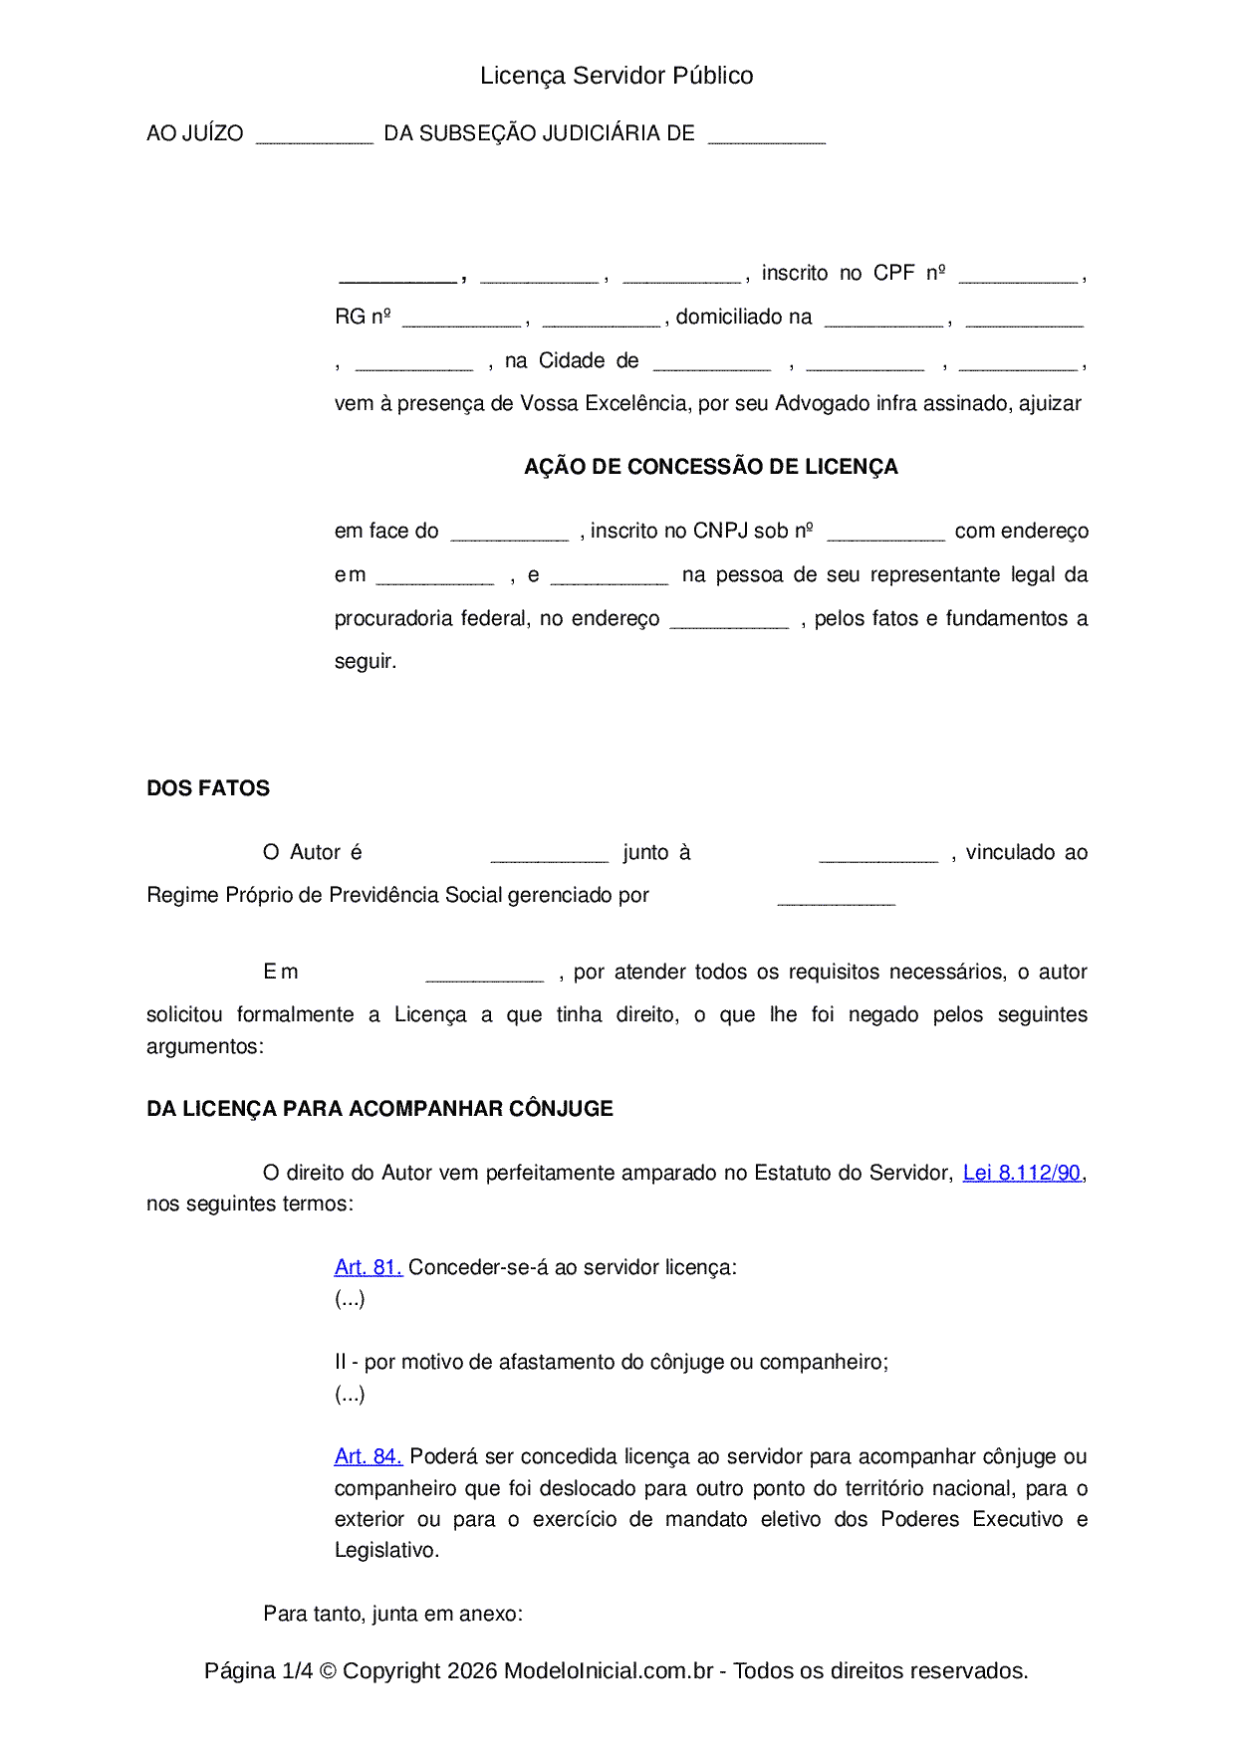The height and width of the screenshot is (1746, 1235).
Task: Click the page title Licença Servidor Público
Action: pos(617,76)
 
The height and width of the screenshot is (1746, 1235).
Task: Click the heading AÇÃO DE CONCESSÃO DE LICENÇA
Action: pos(711,467)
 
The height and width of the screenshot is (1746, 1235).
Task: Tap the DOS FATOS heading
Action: pos(208,788)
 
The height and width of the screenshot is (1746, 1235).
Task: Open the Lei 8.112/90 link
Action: pos(1022,1173)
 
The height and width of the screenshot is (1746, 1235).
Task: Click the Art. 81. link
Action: pos(368,1267)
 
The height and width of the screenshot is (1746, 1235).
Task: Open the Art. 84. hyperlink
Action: pos(368,1456)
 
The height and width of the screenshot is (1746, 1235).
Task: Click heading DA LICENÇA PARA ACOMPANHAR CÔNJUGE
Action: pos(379,1109)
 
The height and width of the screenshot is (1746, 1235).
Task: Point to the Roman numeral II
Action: pos(340,1362)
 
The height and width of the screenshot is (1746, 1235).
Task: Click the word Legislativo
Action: pos(385,1550)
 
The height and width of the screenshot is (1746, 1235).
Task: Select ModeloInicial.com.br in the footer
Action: pos(608,1670)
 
